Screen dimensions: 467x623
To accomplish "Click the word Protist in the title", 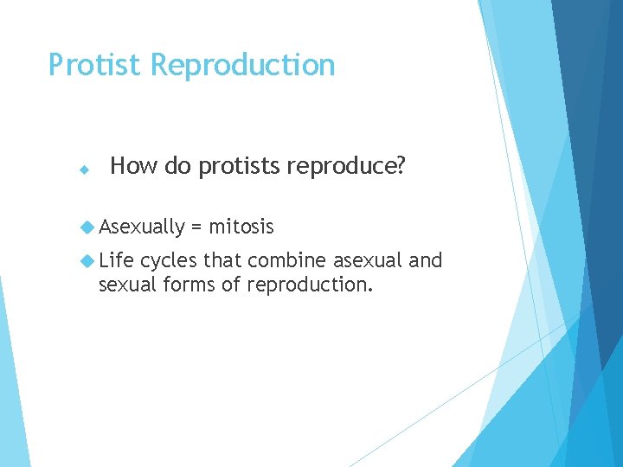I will coord(95,65).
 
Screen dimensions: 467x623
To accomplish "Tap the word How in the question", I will coord(133,166).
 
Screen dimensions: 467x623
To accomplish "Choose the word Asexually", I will coord(142,227).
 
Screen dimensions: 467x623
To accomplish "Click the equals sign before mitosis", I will coord(196,227).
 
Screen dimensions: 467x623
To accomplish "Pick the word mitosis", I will coord(241,227).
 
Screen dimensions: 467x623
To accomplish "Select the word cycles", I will coord(169,261).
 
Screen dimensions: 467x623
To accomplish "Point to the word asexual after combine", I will coord(367,260).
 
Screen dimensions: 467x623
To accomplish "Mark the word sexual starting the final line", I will coord(125,285).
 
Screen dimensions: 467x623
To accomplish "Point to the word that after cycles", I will coord(222,260).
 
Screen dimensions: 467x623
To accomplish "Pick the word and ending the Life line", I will coord(425,260).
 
